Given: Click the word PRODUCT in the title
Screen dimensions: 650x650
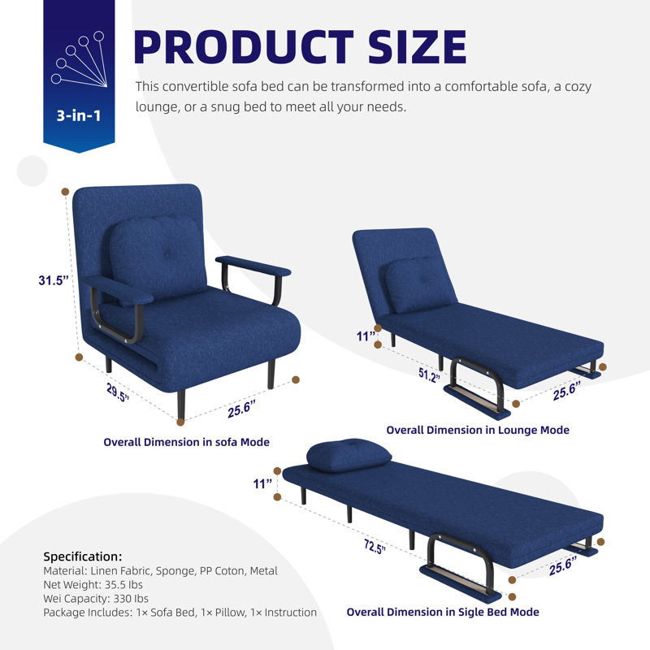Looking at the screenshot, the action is (x=243, y=46).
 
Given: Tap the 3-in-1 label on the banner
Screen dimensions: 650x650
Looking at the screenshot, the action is (x=79, y=115).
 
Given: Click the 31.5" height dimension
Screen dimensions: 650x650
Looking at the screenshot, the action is (x=54, y=280).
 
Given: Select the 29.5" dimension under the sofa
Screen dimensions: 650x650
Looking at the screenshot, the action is (x=118, y=392).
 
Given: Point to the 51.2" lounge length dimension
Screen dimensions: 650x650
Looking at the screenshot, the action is (x=429, y=375).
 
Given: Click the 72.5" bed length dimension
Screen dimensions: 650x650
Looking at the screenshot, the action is (x=375, y=547).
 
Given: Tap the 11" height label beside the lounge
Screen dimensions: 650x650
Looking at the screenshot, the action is (x=366, y=336).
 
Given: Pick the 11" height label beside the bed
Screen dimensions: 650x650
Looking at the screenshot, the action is (x=262, y=483).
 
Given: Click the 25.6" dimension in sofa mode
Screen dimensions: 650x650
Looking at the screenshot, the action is (x=241, y=409).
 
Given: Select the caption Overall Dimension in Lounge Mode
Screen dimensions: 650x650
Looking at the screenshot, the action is (x=478, y=431).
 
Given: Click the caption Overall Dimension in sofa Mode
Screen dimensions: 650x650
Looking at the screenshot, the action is (x=187, y=442).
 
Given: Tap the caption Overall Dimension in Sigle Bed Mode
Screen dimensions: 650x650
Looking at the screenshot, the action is (x=443, y=613).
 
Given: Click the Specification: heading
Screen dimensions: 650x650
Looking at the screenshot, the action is (x=83, y=557).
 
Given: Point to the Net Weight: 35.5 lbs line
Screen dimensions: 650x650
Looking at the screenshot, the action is (x=93, y=585).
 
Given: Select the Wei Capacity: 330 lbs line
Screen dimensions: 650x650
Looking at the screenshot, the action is (x=96, y=599).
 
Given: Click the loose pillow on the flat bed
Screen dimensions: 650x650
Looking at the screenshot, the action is (x=349, y=455).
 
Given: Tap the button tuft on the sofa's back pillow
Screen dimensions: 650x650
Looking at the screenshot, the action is (x=167, y=255).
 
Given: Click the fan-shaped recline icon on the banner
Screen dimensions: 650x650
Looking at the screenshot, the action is (x=79, y=58).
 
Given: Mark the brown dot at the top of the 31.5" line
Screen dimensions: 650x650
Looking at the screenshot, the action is (x=65, y=192).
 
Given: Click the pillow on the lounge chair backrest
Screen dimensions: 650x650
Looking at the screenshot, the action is (x=418, y=284).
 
